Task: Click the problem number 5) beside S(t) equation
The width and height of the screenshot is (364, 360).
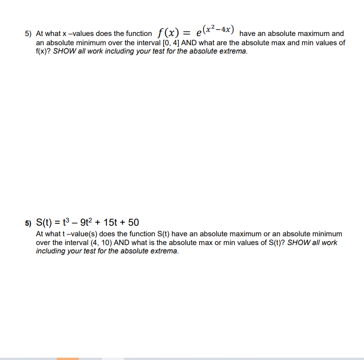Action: (28, 223)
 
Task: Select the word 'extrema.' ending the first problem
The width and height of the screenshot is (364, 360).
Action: (234, 51)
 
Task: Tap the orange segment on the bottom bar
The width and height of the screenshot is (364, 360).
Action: (68, 358)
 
